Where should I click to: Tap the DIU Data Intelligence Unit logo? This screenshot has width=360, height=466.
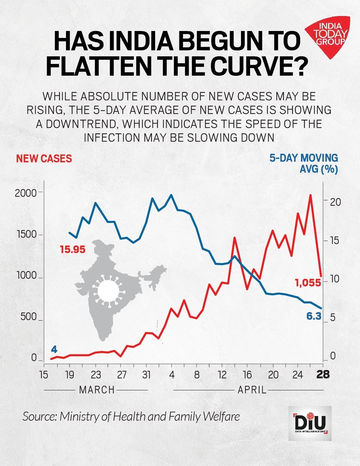(x=310, y=423)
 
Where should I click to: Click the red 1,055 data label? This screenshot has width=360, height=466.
(x=308, y=283)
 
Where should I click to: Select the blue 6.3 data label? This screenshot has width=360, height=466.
(x=314, y=316)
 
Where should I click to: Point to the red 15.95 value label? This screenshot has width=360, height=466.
(x=73, y=249)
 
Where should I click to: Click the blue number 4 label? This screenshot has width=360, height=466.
(x=54, y=350)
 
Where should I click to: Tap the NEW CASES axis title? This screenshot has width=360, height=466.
(x=44, y=158)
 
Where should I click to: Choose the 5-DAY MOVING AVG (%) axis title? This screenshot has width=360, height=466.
(x=304, y=163)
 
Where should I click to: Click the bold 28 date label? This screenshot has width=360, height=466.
(x=323, y=375)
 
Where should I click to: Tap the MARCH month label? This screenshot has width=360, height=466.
(x=97, y=389)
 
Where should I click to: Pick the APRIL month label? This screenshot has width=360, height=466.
(x=252, y=389)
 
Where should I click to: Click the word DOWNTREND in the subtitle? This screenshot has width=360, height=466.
(x=82, y=124)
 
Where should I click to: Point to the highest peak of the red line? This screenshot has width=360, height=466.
(x=311, y=195)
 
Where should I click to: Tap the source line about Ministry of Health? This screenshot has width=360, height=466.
(x=131, y=416)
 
